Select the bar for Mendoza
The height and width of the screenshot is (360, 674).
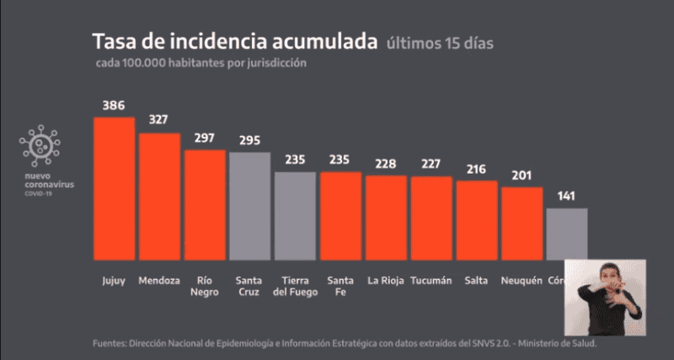coord(159,196)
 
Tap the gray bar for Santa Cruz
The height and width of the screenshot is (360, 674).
coord(249,205)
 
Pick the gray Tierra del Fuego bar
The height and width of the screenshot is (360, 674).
coord(295,215)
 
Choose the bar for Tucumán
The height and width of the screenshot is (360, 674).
coord(431,217)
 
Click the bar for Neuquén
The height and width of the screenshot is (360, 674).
coord(522,223)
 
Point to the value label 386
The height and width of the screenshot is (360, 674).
coord(114,106)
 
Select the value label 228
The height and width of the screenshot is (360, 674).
coord(386,164)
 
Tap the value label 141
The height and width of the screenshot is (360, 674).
coord(567,196)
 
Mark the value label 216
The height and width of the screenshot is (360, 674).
coord(477,169)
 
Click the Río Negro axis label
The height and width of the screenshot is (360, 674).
coord(204,286)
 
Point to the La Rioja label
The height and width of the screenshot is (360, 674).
coord(386,281)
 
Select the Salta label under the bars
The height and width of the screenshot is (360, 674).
coord(476,281)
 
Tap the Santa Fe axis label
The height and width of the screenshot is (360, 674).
coord(340,286)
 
